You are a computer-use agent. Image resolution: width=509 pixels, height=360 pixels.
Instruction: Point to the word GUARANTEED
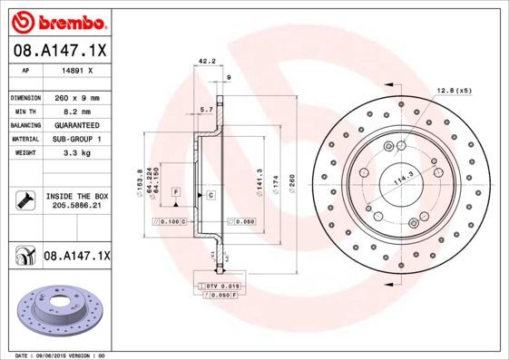click(76, 124)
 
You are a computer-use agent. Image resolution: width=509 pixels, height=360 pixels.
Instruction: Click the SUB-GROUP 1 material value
click(76, 139)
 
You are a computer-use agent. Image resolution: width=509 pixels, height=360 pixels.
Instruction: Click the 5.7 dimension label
click(206, 109)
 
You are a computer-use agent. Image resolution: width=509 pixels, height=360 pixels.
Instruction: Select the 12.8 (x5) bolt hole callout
click(454, 91)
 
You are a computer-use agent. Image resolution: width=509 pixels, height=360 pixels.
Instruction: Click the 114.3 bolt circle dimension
click(398, 181)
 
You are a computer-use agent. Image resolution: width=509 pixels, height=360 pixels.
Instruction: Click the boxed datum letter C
click(210, 195)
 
